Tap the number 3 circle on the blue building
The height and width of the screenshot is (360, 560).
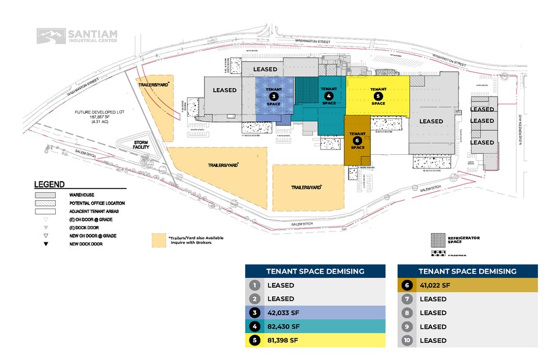point(273,96)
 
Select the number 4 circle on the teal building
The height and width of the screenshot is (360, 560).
point(329,96)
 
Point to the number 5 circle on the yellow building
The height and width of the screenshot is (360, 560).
point(379,96)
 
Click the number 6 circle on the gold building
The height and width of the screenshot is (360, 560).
point(357,140)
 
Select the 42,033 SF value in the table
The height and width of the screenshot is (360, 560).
point(283,312)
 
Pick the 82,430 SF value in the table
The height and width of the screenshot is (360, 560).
point(283,326)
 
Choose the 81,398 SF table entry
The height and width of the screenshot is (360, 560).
point(283,340)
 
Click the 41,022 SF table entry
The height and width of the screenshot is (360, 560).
point(436,285)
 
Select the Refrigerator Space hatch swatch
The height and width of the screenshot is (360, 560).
point(439,238)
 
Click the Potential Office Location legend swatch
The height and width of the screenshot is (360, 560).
point(47,203)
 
